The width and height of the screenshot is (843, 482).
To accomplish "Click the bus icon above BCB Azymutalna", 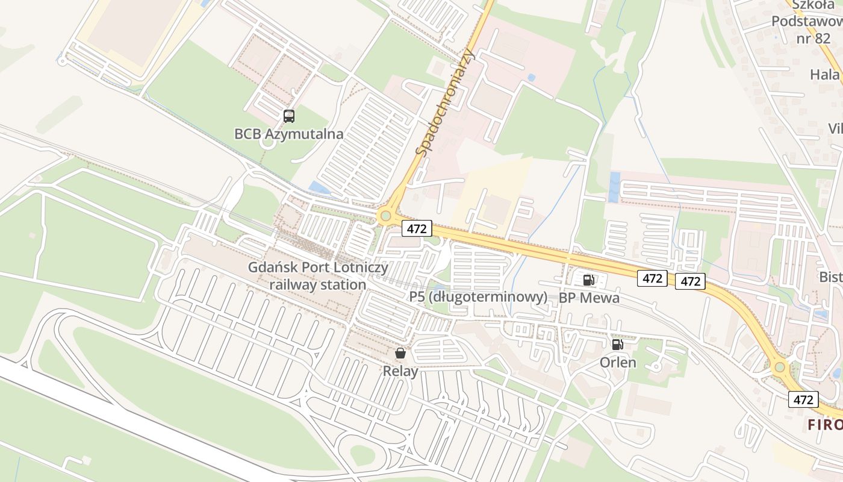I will [289, 116].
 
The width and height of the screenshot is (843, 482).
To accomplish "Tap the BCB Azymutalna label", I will [289, 134].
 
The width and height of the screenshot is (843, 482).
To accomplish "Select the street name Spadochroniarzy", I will [446, 102].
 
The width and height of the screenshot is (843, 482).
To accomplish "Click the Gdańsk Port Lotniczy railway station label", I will [318, 276].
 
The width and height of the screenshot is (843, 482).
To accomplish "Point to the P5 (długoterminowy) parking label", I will [478, 297].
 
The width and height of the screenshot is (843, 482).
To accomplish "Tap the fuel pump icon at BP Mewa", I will [588, 280].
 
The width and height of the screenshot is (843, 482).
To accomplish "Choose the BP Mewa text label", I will [589, 298].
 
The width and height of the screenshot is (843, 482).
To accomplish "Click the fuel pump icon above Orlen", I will [617, 345].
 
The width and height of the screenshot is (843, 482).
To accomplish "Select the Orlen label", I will [618, 363].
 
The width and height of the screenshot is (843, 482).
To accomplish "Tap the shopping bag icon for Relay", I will [400, 353].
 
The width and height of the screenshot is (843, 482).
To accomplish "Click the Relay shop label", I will [400, 371].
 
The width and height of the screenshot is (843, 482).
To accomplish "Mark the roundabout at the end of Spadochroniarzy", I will [385, 215].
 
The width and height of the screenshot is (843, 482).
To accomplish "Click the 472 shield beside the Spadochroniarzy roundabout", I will [417, 228].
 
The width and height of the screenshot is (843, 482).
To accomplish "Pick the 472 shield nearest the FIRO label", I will [803, 399].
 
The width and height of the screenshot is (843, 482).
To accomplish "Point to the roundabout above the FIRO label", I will [780, 366].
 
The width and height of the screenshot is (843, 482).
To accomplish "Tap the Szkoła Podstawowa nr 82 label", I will [804, 22].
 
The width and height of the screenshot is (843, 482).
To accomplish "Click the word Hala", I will [824, 75].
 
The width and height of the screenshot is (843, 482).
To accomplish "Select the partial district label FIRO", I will [825, 424].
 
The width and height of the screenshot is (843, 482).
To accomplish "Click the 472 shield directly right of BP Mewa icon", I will [653, 278].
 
